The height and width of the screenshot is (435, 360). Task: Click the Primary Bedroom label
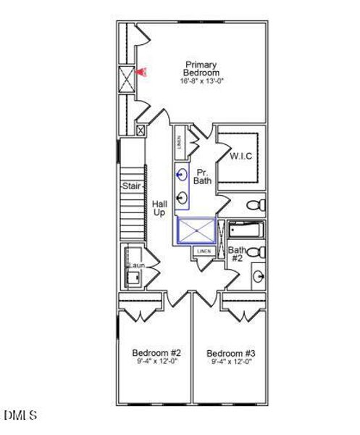200,69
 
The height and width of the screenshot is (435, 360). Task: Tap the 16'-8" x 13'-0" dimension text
200,80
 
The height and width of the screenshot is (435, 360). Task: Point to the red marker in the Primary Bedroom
143,72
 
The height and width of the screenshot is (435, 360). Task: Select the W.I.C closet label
240,156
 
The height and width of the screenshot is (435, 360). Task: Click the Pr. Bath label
203,175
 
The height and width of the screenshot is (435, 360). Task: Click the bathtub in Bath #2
247,230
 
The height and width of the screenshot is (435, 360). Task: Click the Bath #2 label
237,254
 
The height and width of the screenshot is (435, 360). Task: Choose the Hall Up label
159,209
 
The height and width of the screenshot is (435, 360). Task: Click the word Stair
130,186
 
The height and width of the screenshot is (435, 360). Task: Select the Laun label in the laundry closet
135,266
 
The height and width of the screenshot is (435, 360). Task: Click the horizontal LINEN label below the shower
204,251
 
